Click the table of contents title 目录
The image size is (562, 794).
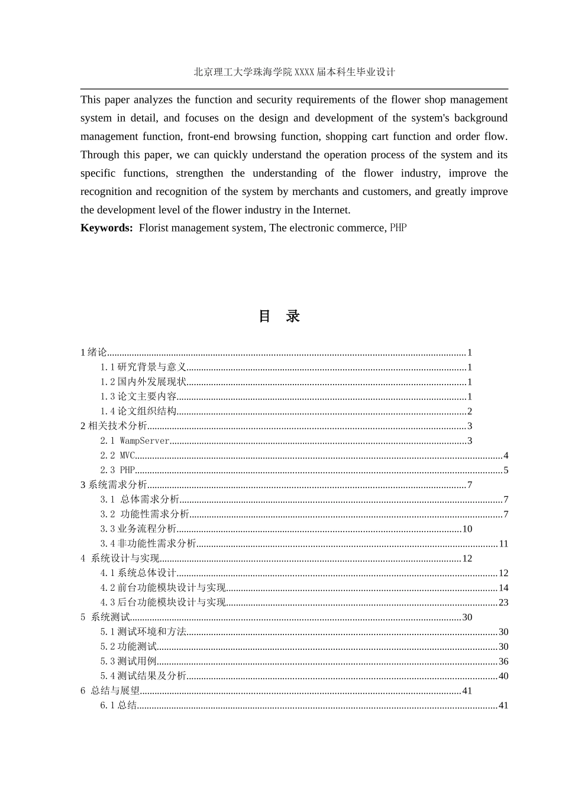[x=279, y=316]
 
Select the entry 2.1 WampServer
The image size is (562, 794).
[x=135, y=441]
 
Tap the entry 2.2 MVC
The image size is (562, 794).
[x=118, y=455]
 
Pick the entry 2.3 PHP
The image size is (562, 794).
[x=118, y=470]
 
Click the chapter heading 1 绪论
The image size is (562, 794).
[x=94, y=353]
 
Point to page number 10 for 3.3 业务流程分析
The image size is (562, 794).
[x=467, y=529]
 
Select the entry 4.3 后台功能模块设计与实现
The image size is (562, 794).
[x=163, y=603]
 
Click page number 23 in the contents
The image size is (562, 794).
[x=503, y=603]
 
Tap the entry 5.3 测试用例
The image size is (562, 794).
[x=128, y=661]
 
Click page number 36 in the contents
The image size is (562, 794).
[x=503, y=661]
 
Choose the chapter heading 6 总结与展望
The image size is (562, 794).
[x=111, y=691]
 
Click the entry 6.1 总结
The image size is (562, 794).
[x=118, y=705]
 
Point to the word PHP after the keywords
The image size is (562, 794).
[x=398, y=228]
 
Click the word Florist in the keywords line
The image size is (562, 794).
[x=154, y=228]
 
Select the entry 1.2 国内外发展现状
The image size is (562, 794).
[x=143, y=382]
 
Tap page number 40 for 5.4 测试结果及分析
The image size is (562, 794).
[x=503, y=676]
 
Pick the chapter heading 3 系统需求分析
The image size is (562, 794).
[x=114, y=485]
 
